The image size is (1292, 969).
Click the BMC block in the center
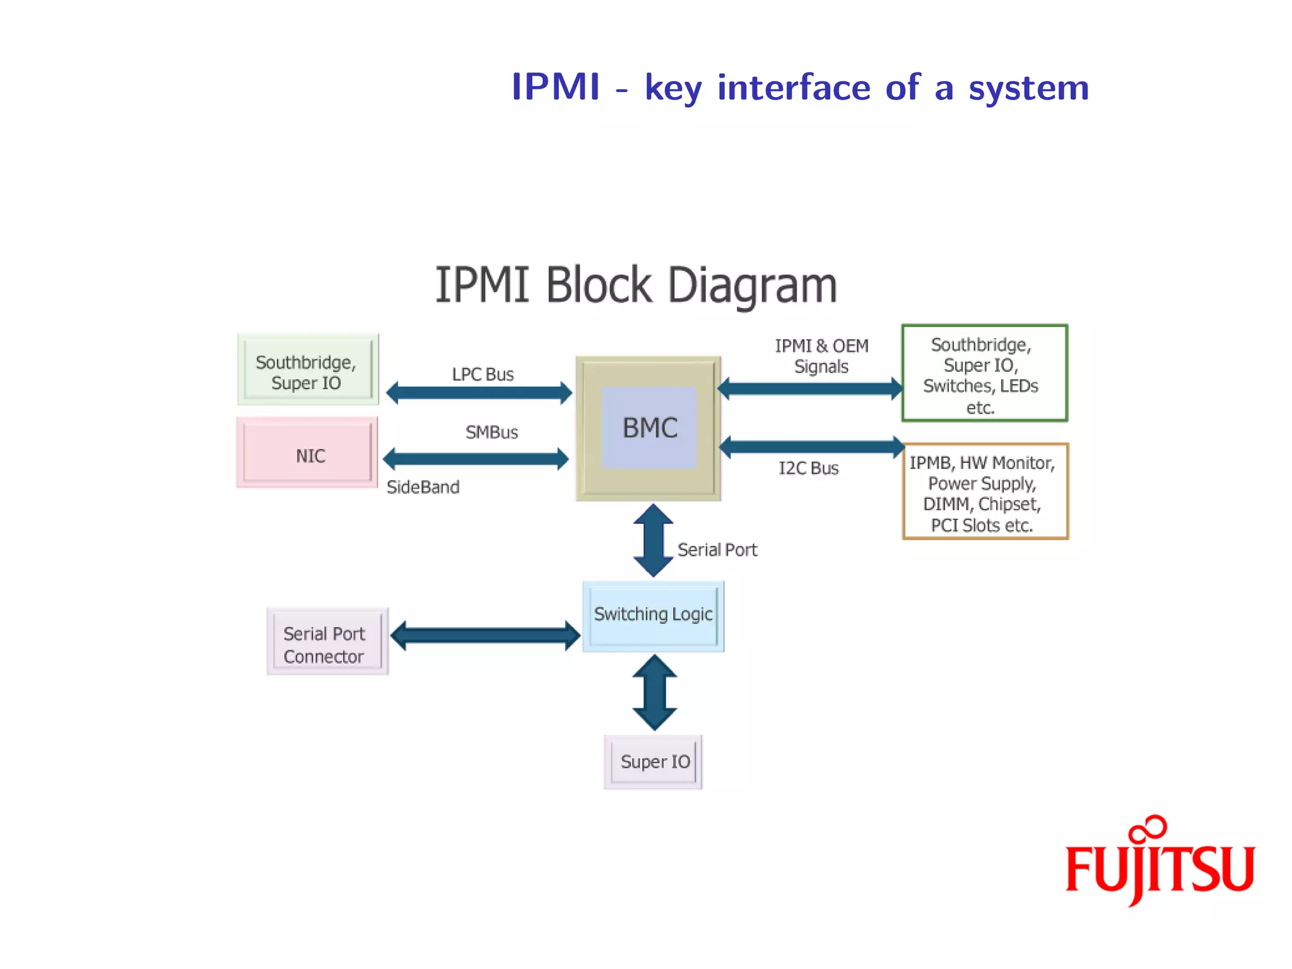[649, 428]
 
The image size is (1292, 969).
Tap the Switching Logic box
[653, 616]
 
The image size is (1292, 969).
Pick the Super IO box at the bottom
[654, 761]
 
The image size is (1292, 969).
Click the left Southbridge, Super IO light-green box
[307, 370]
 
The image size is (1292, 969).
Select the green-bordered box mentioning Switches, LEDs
[984, 373]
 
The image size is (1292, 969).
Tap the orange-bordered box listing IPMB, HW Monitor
[985, 491]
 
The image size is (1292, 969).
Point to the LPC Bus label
[483, 375]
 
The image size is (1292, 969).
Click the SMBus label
[491, 433]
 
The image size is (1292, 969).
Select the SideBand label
[423, 487]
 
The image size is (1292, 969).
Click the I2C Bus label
[808, 469]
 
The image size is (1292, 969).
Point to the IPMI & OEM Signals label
[821, 356]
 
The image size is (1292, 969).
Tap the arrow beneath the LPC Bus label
[479, 392]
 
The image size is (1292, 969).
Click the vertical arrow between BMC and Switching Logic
[653, 540]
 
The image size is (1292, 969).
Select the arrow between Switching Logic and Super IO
[654, 692]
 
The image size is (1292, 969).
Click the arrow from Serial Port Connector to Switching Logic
[484, 635]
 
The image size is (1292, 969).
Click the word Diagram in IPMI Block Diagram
[752, 286]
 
